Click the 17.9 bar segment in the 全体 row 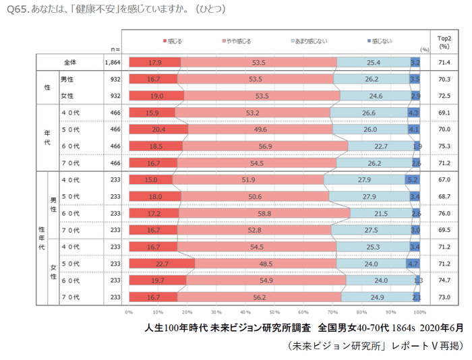coord(154,63)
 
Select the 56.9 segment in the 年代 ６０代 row coord(264,146)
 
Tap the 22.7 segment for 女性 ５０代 coord(161,263)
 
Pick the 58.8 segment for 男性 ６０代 coord(264,213)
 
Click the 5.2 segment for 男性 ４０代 coord(413,180)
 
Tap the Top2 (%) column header coord(444,42)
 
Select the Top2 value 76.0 coord(444,213)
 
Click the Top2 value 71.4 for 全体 coord(444,63)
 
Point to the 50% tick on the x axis coord(274,312)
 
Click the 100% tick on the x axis coord(419,312)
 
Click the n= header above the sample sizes coord(115,49)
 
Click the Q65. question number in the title coord(18,10)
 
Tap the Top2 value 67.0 coord(444,180)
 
